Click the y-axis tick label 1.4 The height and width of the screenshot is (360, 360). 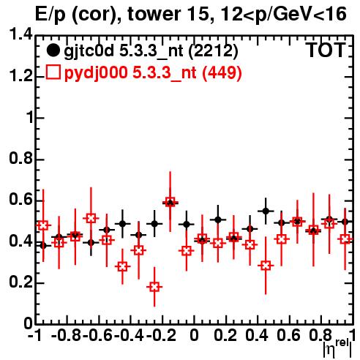click(x=20, y=34)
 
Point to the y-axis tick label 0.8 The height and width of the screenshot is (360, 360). click(x=20, y=159)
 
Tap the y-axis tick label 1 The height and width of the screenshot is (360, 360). click(x=29, y=118)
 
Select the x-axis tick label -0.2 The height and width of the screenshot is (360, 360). click(x=161, y=335)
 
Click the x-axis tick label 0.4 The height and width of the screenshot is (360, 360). click(x=256, y=335)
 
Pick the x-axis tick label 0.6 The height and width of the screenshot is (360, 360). click(x=288, y=335)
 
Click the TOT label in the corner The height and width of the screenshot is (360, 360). click(x=326, y=50)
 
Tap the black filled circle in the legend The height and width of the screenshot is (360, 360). click(x=53, y=50)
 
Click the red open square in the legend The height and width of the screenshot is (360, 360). click(x=53, y=72)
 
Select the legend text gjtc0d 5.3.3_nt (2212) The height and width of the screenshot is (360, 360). click(x=151, y=52)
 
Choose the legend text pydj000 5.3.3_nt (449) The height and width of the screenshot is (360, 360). click(x=153, y=73)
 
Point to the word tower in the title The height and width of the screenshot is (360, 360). click(x=154, y=14)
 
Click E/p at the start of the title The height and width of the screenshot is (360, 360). click(x=50, y=15)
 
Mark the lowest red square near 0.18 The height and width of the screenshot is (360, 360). click(x=154, y=287)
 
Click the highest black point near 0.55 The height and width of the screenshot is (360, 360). click(x=266, y=211)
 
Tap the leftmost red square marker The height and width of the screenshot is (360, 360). click(x=43, y=225)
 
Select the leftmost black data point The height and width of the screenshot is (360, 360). click(x=43, y=246)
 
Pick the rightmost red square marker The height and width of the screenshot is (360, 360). click(x=345, y=239)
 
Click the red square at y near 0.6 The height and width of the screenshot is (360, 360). click(x=170, y=203)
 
